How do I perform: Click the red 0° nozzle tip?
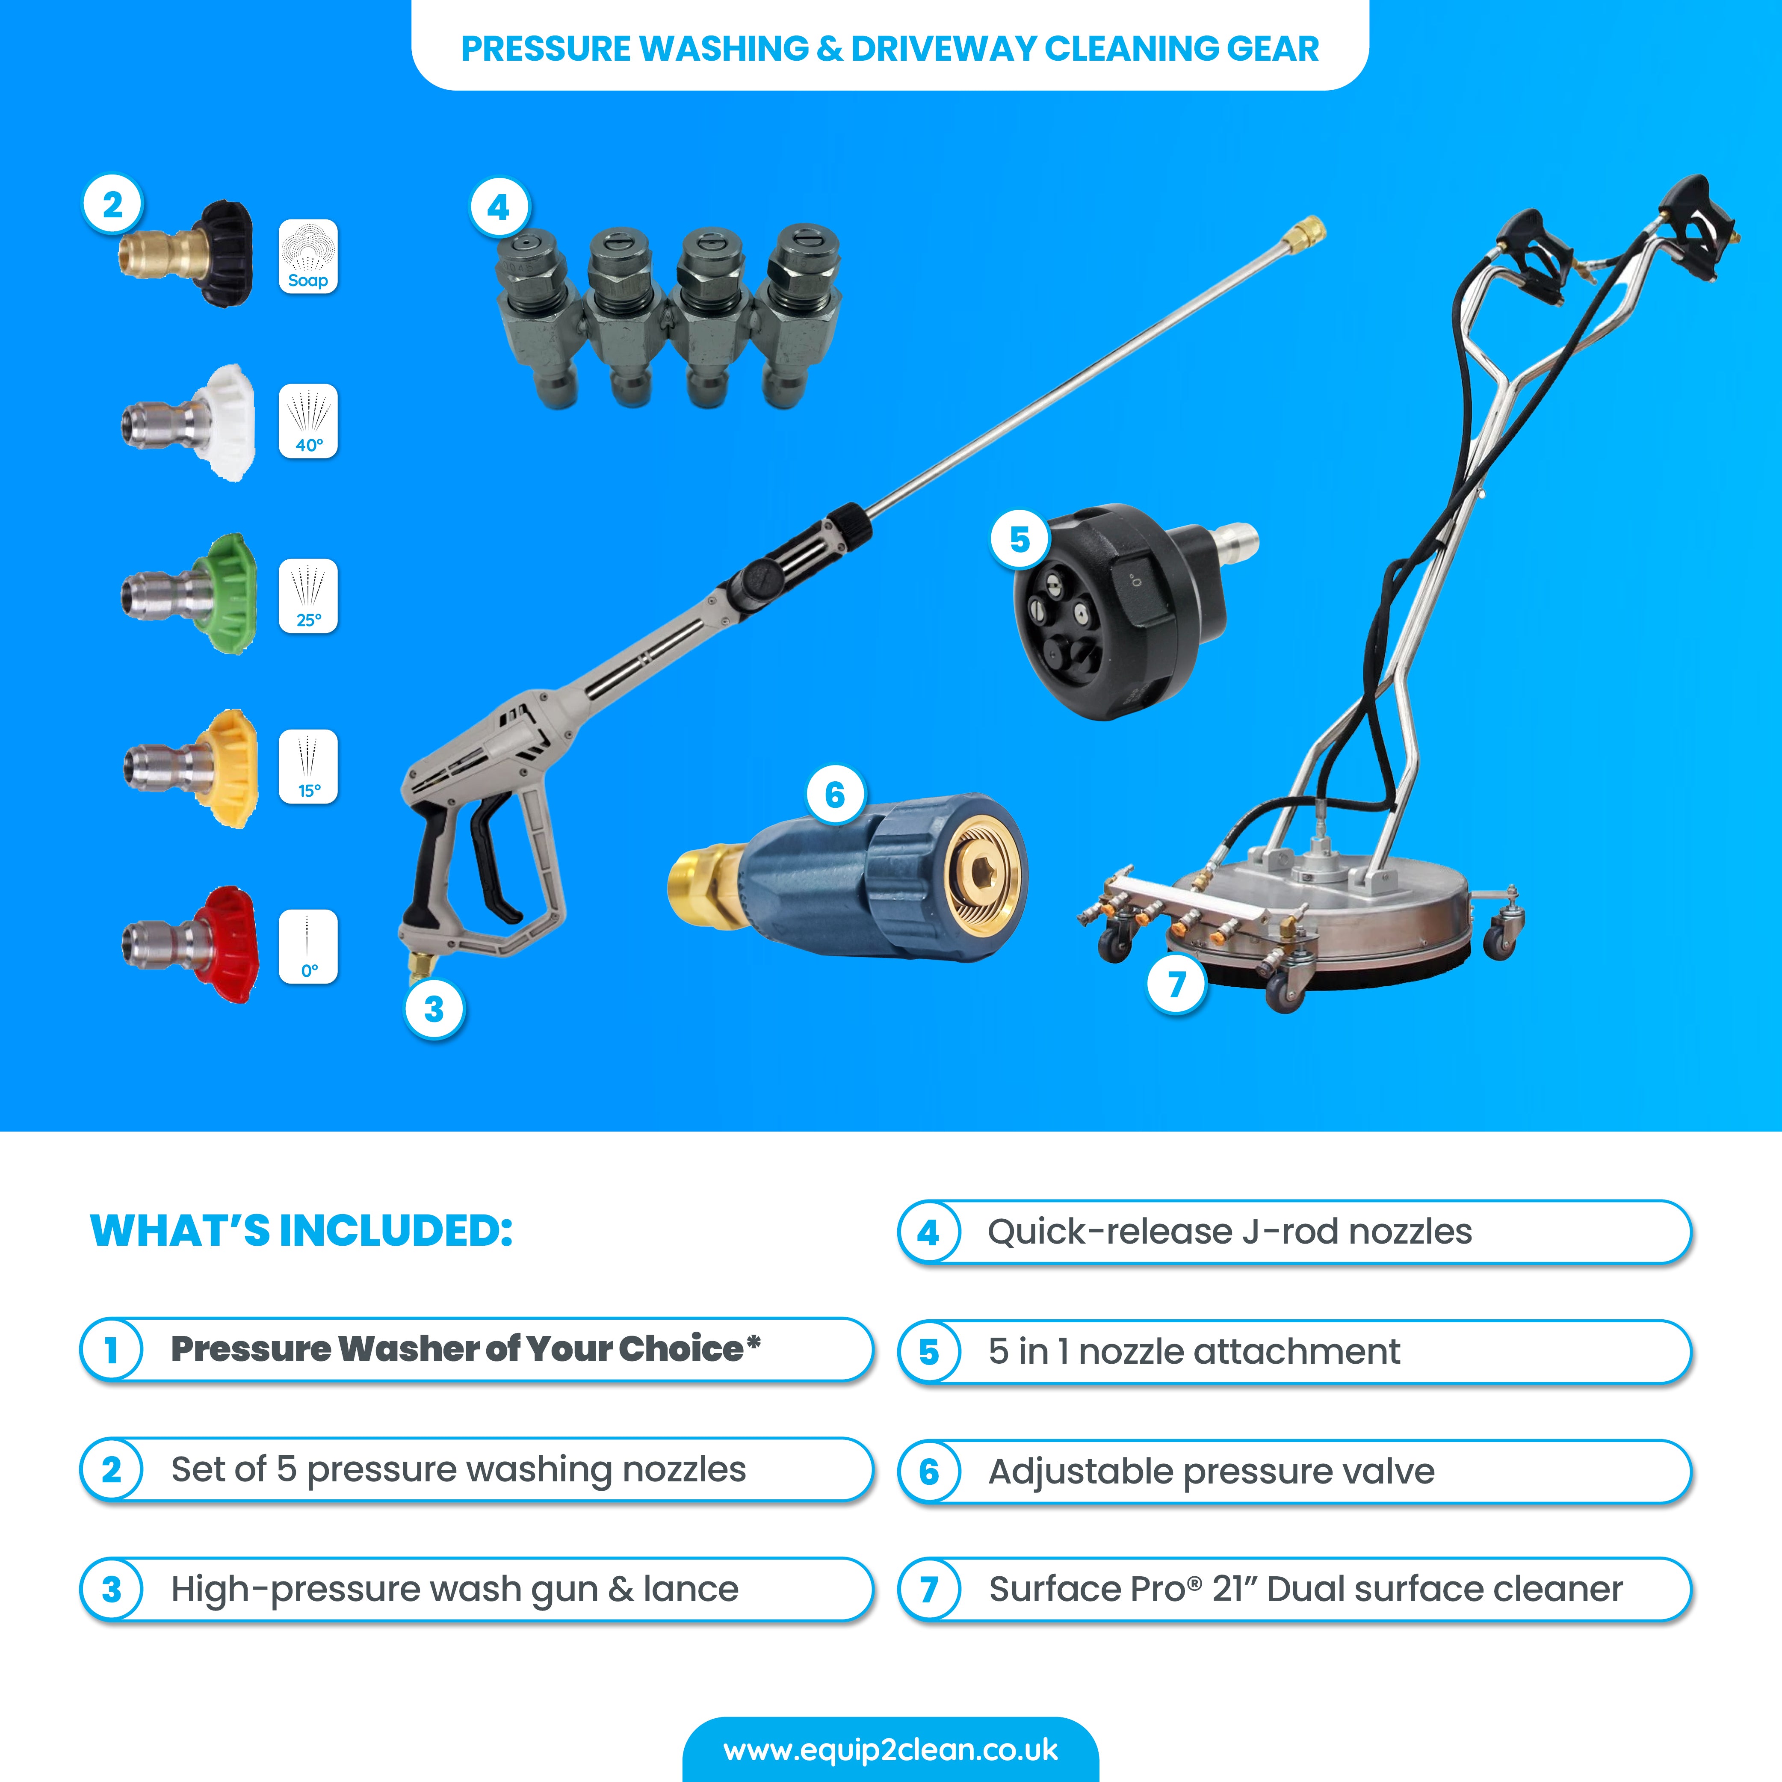click(x=189, y=945)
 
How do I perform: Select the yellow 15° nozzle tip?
click(x=189, y=768)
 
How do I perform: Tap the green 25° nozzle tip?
click(x=189, y=594)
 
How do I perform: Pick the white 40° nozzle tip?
click(x=189, y=423)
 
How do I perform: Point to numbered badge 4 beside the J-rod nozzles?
click(x=498, y=207)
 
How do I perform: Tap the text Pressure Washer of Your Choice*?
click(x=466, y=1348)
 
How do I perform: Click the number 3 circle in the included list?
click(x=112, y=1589)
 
